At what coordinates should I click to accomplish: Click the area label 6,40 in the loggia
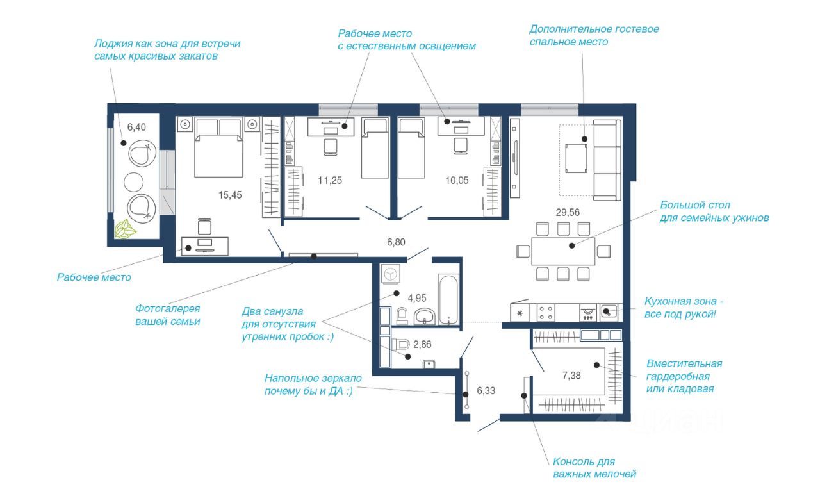pyautogui.click(x=136, y=127)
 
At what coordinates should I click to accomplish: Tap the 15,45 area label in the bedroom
pyautogui.click(x=230, y=195)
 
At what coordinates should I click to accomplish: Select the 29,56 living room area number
pyautogui.click(x=568, y=212)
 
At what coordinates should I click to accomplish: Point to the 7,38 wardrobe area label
pyautogui.click(x=571, y=376)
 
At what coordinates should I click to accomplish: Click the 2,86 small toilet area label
pyautogui.click(x=422, y=344)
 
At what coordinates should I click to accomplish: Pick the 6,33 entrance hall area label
pyautogui.click(x=486, y=390)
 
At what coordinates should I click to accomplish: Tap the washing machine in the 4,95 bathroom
pyautogui.click(x=390, y=274)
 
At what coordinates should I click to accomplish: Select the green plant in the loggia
pyautogui.click(x=125, y=229)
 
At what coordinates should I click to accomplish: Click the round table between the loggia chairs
pyautogui.click(x=133, y=182)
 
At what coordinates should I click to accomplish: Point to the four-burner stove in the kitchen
pyautogui.click(x=546, y=313)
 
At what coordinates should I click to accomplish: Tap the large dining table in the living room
pyautogui.click(x=563, y=251)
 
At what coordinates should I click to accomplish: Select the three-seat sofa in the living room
pyautogui.click(x=607, y=160)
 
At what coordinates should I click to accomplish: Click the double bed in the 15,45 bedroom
pyautogui.click(x=218, y=147)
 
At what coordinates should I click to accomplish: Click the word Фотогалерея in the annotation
pyautogui.click(x=168, y=308)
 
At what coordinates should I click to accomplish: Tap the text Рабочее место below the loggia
pyautogui.click(x=94, y=277)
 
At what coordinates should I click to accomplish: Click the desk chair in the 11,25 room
pyautogui.click(x=331, y=147)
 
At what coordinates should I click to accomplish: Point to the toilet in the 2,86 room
pyautogui.click(x=401, y=344)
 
